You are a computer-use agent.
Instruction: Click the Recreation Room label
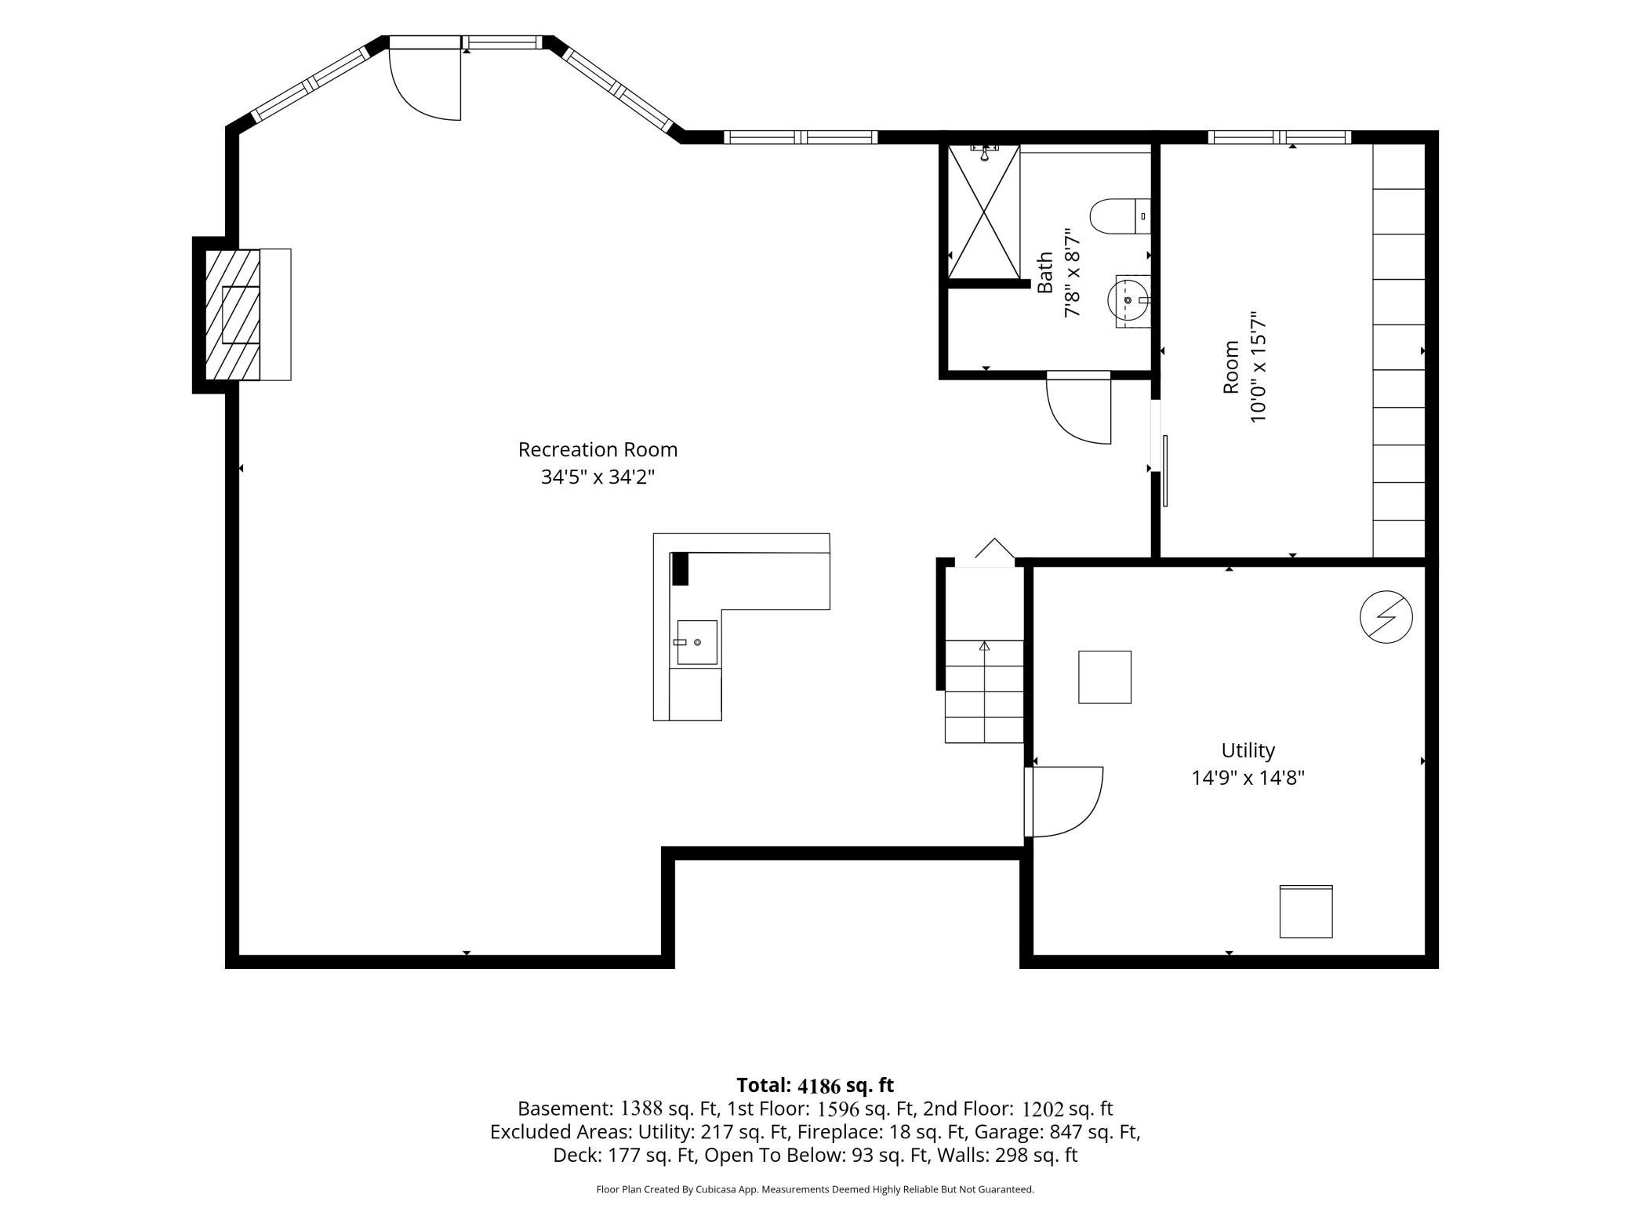coord(598,450)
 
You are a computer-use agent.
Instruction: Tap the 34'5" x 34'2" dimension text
coord(598,477)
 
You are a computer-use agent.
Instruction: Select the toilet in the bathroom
coord(1120,216)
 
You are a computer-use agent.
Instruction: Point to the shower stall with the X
coord(984,212)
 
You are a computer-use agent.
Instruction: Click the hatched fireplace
coord(233,314)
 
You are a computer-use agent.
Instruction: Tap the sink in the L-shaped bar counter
coord(696,642)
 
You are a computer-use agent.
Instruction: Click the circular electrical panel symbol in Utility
coord(1386,617)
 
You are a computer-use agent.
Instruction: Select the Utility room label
coord(1248,750)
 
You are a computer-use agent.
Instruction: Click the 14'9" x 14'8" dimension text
coord(1248,778)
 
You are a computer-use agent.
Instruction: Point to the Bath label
coord(1045,273)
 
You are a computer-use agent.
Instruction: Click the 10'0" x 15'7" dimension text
coord(1258,368)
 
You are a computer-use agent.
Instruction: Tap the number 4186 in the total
coord(819,1086)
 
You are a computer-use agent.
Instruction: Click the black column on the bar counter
coord(680,568)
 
